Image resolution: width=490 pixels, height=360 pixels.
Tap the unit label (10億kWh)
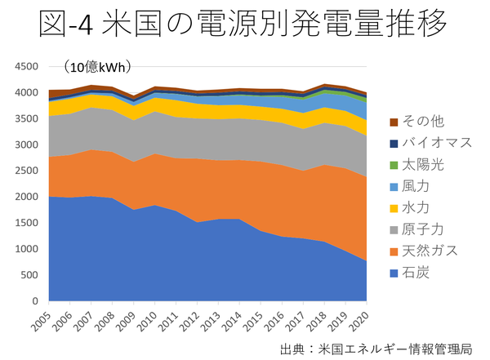point(99,67)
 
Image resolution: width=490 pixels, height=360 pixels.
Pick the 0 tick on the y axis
point(36,301)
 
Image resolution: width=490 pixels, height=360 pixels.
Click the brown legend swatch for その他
point(395,122)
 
